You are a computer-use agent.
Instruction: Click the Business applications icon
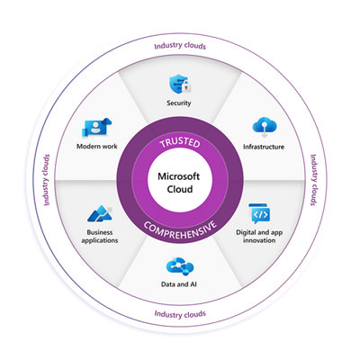pos(99,214)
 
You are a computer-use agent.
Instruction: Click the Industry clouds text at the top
pos(180,45)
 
